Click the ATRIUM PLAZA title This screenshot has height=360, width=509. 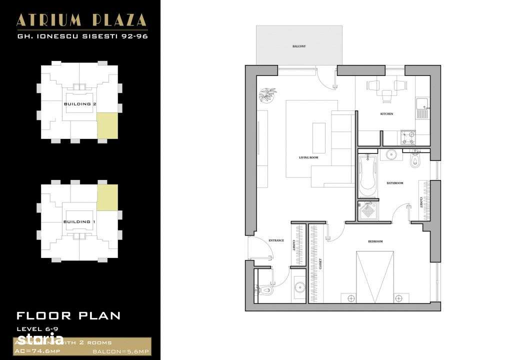click(81, 20)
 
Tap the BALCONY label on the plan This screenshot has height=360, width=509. click(299, 46)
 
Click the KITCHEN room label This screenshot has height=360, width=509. click(386, 114)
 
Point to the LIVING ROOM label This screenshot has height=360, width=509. click(308, 157)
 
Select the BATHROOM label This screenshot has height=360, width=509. click(394, 183)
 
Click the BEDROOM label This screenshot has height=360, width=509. click(375, 241)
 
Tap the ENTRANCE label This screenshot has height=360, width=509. click(276, 240)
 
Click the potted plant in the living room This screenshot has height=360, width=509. click(267, 94)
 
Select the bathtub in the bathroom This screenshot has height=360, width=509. click(367, 176)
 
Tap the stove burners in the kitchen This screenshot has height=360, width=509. click(408, 138)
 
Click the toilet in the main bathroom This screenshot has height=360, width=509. click(415, 159)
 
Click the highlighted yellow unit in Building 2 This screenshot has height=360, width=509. click(107, 125)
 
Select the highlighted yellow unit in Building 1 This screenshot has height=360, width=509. click(107, 197)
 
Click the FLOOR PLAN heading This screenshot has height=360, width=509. click(68, 315)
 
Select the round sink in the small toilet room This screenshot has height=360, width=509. click(299, 287)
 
